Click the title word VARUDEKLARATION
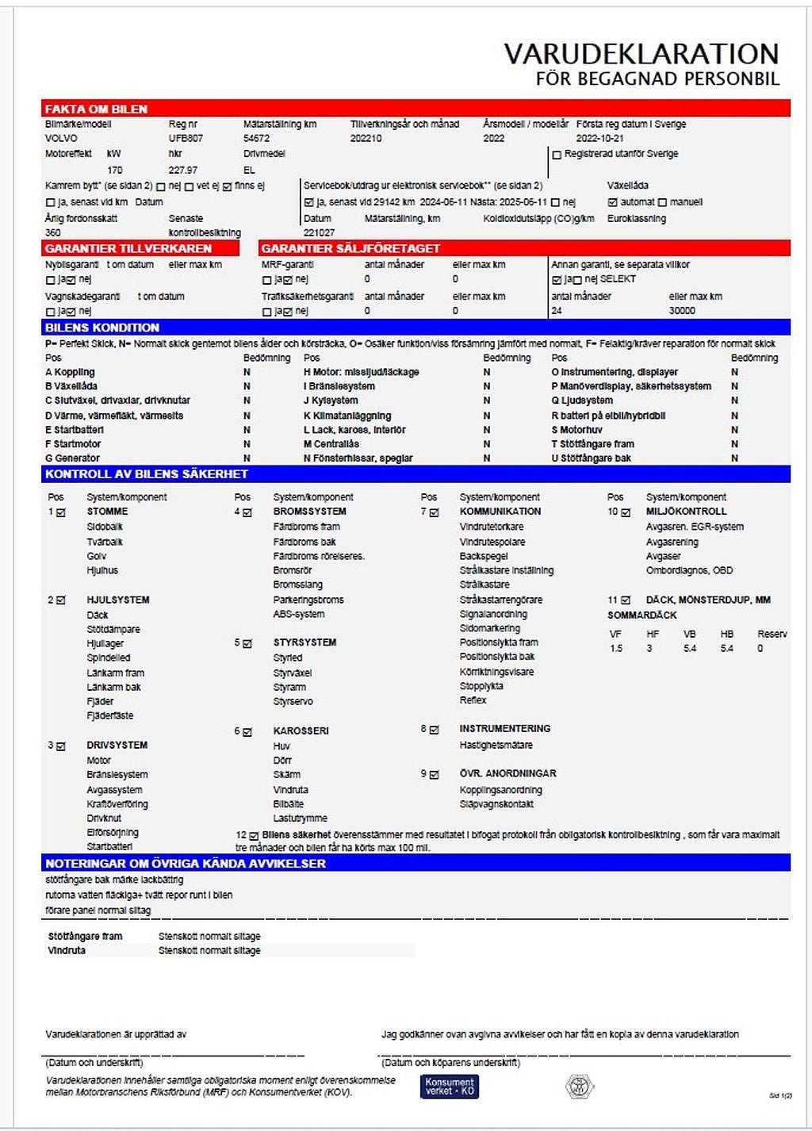point(641,54)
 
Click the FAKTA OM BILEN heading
point(96,109)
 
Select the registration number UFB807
point(186,138)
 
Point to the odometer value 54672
point(256,138)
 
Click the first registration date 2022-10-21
point(599,138)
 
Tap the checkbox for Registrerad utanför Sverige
point(557,155)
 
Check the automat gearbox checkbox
point(612,202)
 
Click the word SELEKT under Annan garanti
point(619,279)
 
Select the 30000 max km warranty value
point(682,311)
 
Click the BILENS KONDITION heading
point(102,328)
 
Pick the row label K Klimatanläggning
point(347,416)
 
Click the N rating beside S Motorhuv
point(734,430)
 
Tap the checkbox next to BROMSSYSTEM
point(247,512)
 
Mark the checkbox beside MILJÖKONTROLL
point(626,512)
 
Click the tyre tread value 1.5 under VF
point(616,649)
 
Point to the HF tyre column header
point(653,635)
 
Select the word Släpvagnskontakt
point(496,804)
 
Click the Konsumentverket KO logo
point(450,1086)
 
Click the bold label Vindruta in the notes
point(67,950)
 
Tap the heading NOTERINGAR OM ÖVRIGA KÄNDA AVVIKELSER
point(186,864)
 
